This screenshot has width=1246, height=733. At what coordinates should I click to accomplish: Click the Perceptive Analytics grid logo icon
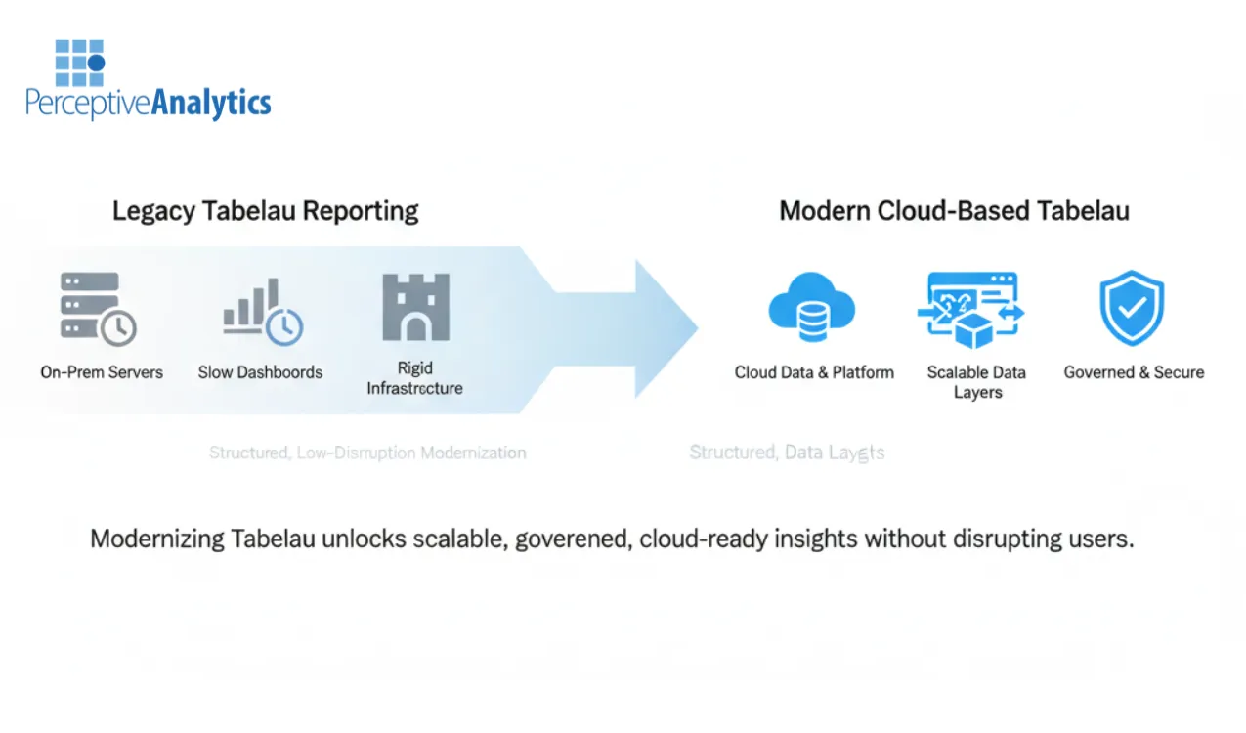(79, 63)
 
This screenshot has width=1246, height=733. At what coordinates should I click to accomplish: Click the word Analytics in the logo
(210, 103)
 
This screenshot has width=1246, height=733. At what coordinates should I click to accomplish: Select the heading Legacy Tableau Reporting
(265, 211)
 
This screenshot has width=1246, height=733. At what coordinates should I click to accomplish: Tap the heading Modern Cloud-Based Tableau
(954, 211)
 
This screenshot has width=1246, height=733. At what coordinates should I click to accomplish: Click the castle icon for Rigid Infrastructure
(415, 307)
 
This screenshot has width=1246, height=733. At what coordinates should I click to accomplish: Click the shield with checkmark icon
(1132, 308)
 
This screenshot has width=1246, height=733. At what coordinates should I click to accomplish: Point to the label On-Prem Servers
(102, 372)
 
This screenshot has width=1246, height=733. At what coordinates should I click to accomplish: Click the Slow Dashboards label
(260, 372)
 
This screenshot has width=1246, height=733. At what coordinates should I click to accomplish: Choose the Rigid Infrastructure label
(414, 378)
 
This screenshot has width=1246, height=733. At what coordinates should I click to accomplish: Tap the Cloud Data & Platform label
(814, 372)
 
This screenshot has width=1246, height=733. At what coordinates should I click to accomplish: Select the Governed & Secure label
(1134, 372)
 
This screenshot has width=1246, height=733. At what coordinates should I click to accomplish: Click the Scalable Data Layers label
(976, 382)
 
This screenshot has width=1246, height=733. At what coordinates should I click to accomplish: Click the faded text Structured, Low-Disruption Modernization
(367, 453)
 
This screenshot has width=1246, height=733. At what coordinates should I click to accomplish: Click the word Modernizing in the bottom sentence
(156, 539)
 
